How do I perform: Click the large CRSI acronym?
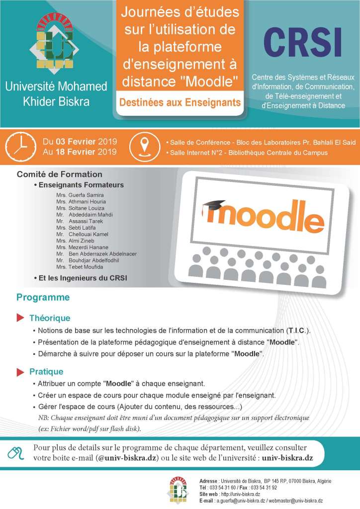(x=302, y=43)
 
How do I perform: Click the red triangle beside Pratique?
(x=20, y=372)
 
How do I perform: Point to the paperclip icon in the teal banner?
(x=16, y=453)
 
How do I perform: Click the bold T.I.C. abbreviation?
(x=297, y=331)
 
